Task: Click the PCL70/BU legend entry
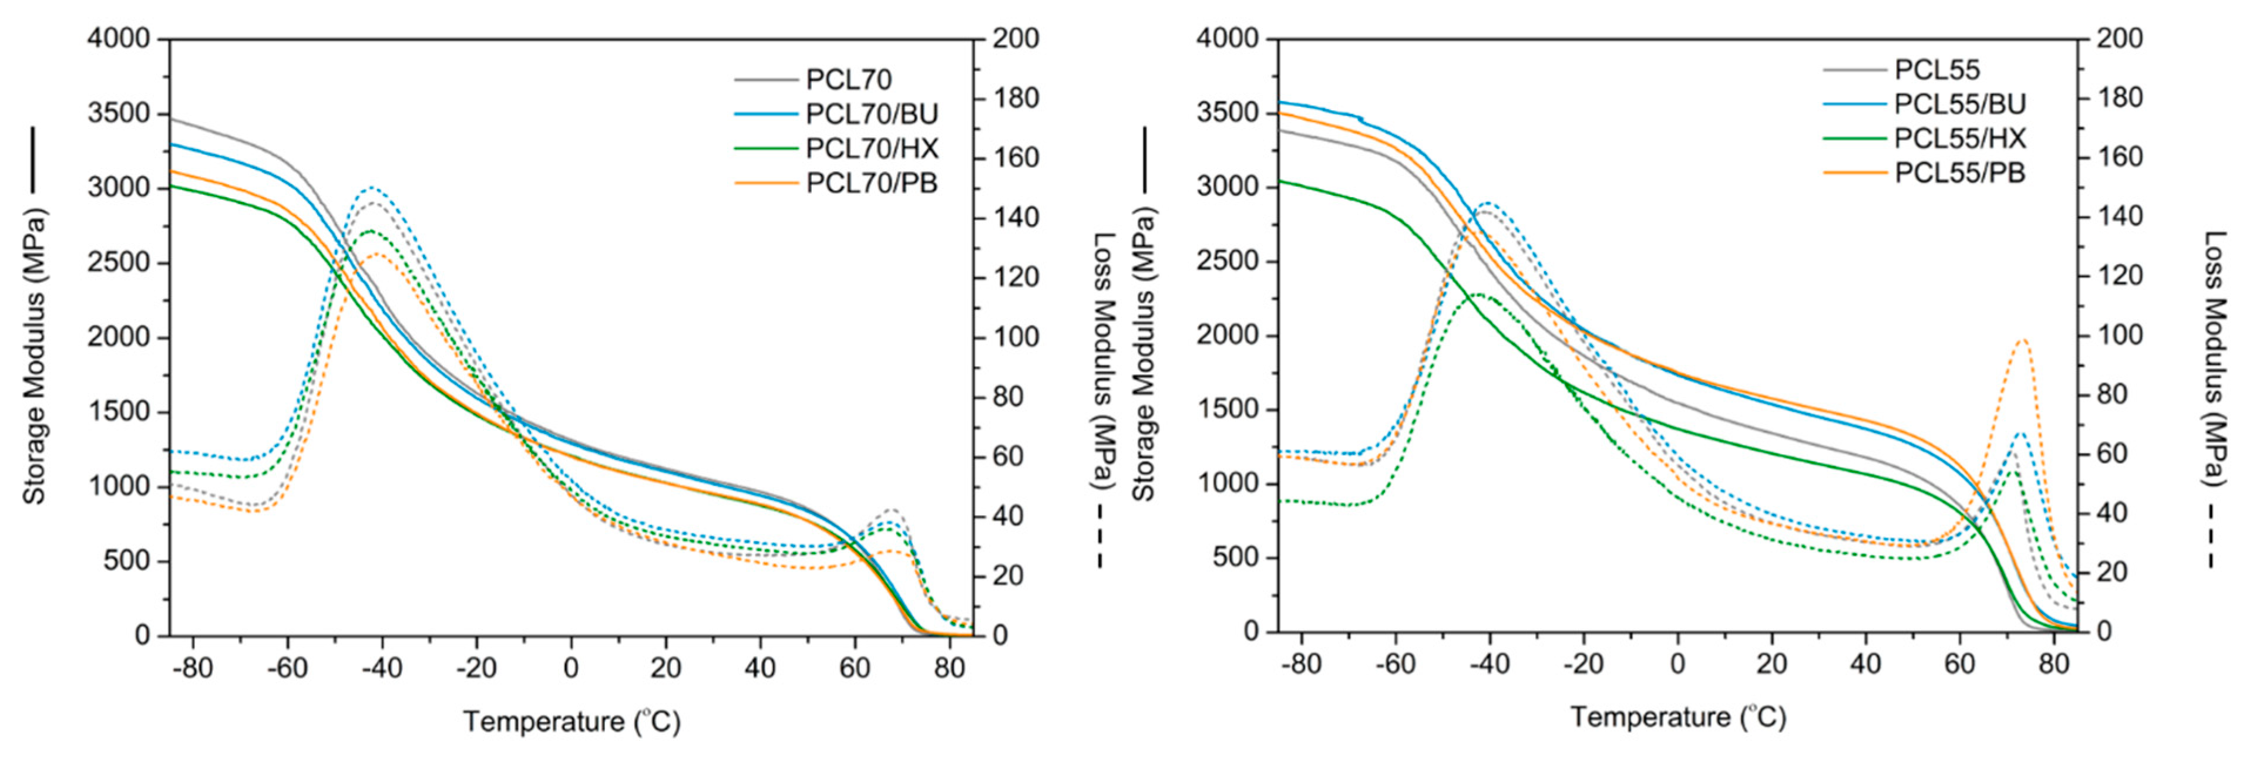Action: click(x=870, y=114)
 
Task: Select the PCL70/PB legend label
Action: click(x=870, y=183)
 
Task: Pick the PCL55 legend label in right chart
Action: click(x=1936, y=70)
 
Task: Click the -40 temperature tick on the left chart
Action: click(x=381, y=668)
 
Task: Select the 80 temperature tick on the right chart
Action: click(x=2053, y=664)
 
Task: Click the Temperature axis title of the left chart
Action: click(x=571, y=722)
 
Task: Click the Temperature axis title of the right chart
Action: click(x=1679, y=717)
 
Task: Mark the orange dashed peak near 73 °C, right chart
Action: click(x=2023, y=340)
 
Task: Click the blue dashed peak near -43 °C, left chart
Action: click(x=372, y=187)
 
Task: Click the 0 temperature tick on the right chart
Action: click(x=1677, y=664)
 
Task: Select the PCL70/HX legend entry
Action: click(x=870, y=149)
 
